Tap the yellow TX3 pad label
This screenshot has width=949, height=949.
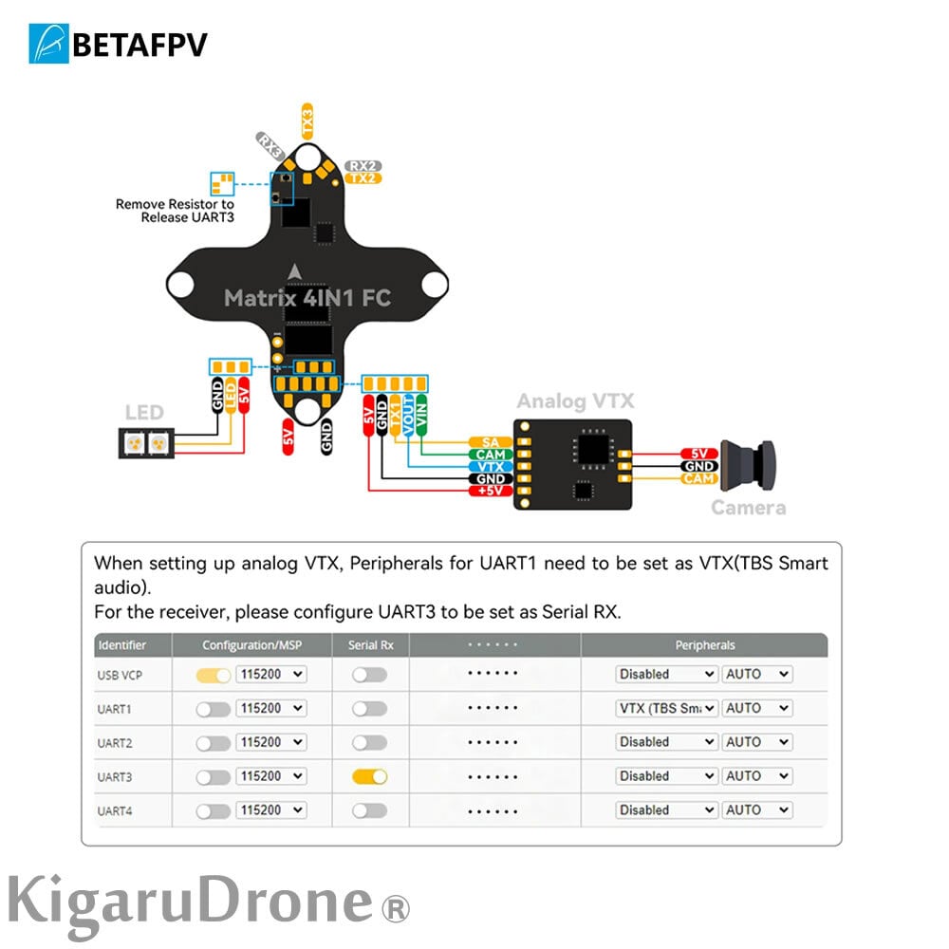[x=307, y=122]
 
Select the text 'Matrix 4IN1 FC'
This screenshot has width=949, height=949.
[x=307, y=298]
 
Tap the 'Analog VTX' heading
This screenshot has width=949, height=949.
[x=575, y=401]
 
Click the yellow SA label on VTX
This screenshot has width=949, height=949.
[x=491, y=443]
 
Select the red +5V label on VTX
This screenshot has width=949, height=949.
[x=491, y=492]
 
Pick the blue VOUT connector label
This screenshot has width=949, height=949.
[x=408, y=418]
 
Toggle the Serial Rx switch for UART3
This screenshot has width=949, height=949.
[x=369, y=776]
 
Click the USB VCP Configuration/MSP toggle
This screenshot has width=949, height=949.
[x=214, y=675]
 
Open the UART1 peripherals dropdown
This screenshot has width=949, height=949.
[x=666, y=708]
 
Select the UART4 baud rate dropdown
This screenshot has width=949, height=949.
[x=271, y=810]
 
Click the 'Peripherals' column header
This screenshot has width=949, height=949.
[x=704, y=645]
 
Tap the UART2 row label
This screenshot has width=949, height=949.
[x=114, y=742]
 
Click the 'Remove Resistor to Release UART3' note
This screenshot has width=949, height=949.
[x=175, y=211]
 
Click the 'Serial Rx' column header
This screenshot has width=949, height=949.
[x=371, y=645]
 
